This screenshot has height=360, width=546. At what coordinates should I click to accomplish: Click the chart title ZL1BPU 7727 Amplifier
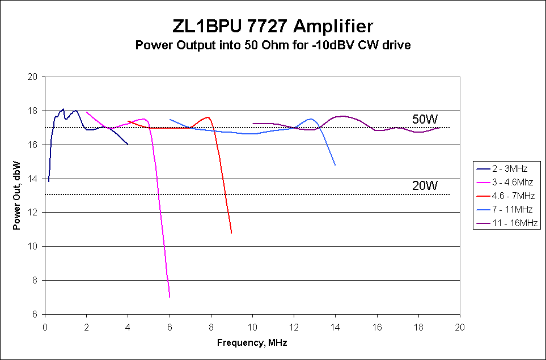pyautogui.click(x=273, y=27)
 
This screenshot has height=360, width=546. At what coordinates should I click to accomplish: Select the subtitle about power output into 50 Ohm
pyautogui.click(x=273, y=45)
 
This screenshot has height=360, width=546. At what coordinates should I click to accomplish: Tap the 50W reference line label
pyautogui.click(x=425, y=119)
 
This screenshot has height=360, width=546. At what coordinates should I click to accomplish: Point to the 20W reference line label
pyautogui.click(x=425, y=186)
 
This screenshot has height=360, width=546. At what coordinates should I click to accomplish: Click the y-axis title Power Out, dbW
pyautogui.click(x=17, y=196)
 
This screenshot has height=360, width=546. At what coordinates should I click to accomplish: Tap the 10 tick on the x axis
pyautogui.click(x=252, y=327)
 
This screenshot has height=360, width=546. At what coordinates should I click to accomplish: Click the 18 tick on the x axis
pyautogui.click(x=418, y=327)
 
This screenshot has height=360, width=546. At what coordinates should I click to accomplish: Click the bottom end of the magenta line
pyautogui.click(x=170, y=297)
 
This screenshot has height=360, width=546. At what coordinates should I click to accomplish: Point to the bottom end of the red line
pyautogui.click(x=231, y=233)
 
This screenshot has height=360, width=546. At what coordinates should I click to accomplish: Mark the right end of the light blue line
pyautogui.click(x=335, y=165)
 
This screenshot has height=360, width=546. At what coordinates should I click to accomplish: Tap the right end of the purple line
pyautogui.click(x=439, y=128)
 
